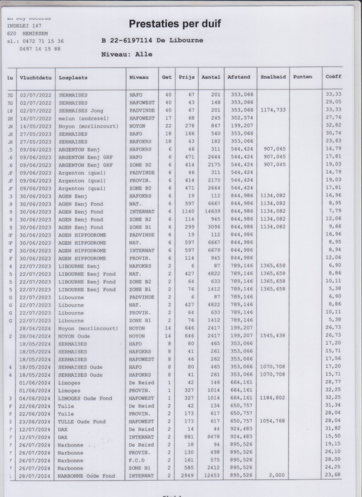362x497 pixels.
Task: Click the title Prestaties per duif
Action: tap(175, 24)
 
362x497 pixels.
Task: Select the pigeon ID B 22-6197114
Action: tap(132, 41)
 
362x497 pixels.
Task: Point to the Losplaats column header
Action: tap(73, 77)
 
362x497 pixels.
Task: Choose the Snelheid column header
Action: tap(273, 77)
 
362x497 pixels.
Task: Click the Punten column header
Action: tap(303, 77)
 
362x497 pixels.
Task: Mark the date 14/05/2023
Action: tap(34, 126)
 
